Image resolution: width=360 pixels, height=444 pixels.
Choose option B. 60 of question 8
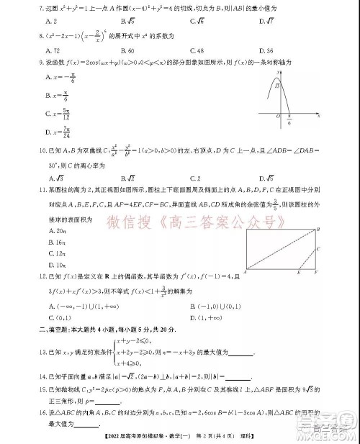coord(128,52)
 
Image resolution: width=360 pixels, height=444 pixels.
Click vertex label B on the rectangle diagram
coord(318,229)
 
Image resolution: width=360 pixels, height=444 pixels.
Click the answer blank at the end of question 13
coord(240,353)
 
